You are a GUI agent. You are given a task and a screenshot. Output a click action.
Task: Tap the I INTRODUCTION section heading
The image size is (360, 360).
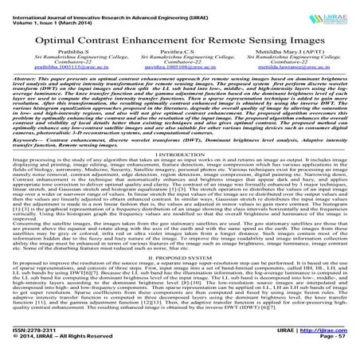180,177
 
